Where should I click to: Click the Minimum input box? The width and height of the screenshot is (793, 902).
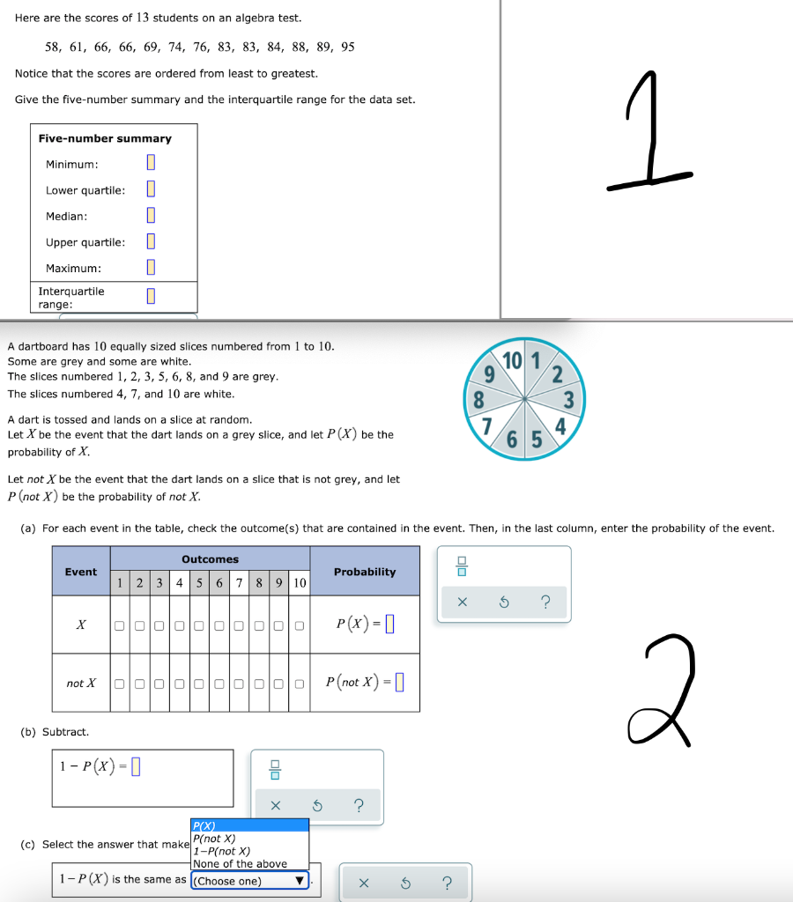coord(152,163)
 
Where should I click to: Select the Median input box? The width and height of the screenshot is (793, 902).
coord(152,216)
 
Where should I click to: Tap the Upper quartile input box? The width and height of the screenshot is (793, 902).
coord(152,241)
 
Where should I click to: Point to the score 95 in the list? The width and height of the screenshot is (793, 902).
coord(347,47)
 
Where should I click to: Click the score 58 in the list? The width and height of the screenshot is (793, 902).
coord(52,47)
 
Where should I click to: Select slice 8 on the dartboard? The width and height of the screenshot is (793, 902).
coord(479,397)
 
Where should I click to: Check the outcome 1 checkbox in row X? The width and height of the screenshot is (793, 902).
coord(117,626)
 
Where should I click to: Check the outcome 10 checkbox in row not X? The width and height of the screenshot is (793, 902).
coord(300,684)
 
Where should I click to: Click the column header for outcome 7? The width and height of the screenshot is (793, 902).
coord(239,582)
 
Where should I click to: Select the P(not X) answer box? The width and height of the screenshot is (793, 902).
coord(399,682)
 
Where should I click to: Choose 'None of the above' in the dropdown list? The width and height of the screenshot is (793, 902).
coord(240,864)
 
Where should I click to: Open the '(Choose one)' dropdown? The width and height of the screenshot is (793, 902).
coord(250,881)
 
